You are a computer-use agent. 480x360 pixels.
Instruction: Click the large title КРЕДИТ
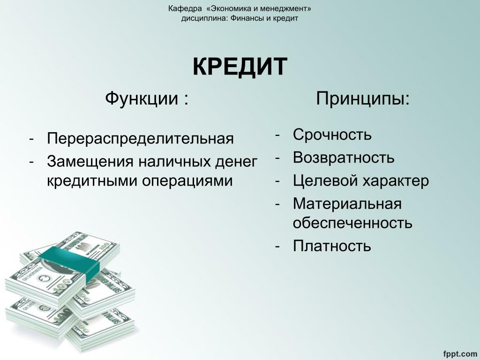240,67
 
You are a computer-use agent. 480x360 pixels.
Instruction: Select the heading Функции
142,99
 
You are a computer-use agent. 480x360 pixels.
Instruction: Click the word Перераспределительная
140,139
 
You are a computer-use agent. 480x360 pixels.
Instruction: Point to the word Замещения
90,162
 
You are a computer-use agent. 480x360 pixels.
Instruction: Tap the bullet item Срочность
332,135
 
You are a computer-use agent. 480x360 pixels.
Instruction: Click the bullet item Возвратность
344,157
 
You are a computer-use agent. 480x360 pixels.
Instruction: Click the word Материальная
347,204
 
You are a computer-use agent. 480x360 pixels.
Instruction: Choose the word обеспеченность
352,223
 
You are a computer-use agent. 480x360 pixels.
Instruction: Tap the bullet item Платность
332,246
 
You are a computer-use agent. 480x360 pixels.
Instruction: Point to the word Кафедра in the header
185,8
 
